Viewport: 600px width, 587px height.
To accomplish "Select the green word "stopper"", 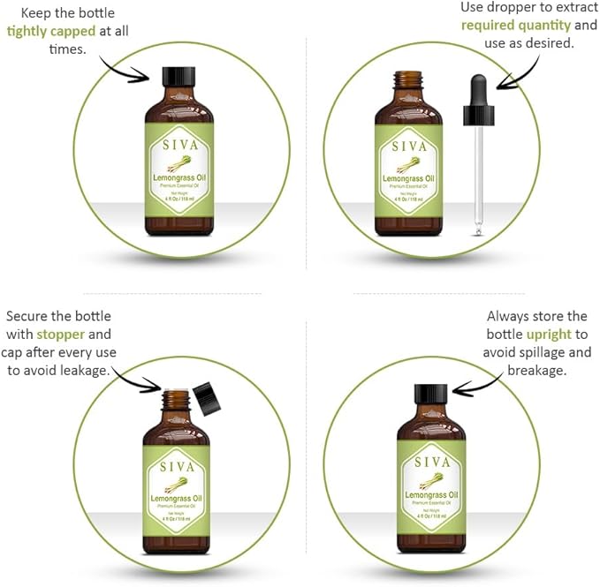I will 61,335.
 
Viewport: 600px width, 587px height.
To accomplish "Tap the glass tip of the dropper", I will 480,229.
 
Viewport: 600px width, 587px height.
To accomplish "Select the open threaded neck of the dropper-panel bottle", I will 408,81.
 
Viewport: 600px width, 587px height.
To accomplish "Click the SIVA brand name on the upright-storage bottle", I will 431,462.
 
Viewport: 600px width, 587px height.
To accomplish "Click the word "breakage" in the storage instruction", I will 536,372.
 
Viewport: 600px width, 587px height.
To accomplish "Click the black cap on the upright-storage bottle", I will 431,395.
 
